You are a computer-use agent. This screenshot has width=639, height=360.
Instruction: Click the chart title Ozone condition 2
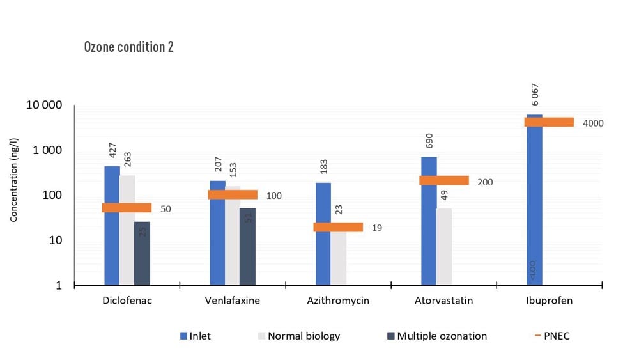coord(128,47)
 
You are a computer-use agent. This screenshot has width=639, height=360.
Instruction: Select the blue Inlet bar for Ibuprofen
coord(534,205)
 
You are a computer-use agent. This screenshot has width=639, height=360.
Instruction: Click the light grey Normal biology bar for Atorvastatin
coord(443,246)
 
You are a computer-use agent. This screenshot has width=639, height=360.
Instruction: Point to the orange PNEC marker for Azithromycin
coord(338,227)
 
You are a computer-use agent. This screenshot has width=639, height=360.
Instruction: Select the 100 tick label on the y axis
coord(52,196)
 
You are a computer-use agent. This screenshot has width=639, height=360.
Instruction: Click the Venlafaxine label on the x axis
coord(232,301)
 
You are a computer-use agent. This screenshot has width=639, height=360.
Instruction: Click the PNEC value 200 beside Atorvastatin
coord(484,182)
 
